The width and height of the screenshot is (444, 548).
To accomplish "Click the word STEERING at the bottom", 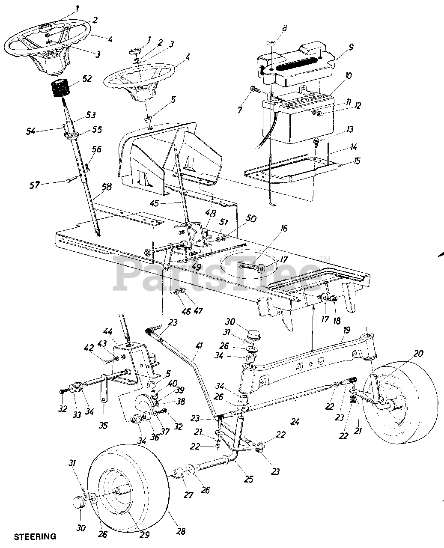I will coord(35,536).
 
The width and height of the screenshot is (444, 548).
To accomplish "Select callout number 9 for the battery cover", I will coord(351,48).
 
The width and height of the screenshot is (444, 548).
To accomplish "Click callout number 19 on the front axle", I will coord(346,330).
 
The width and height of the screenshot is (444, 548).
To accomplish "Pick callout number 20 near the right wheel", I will coord(419,353).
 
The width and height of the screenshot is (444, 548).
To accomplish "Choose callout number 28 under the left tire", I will coord(181,531).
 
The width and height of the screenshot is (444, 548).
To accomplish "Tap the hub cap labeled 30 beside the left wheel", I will coord(76,502).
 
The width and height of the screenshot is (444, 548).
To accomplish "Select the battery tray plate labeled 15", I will coord(295,170).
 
